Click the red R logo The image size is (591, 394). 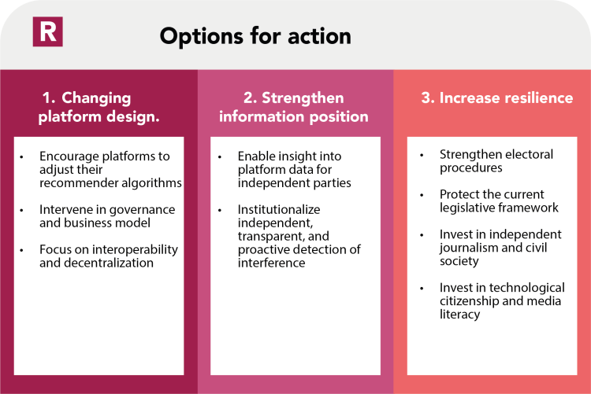pyautogui.click(x=47, y=31)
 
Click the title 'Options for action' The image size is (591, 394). pyautogui.click(x=255, y=36)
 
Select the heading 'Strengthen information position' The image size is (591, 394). pyautogui.click(x=294, y=108)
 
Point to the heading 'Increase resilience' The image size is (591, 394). pyautogui.click(x=496, y=98)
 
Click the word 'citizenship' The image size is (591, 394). pyautogui.click(x=468, y=301)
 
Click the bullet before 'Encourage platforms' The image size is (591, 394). pyautogui.click(x=23, y=156)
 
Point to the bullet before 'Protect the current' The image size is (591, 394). pyautogui.click(x=423, y=194)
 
